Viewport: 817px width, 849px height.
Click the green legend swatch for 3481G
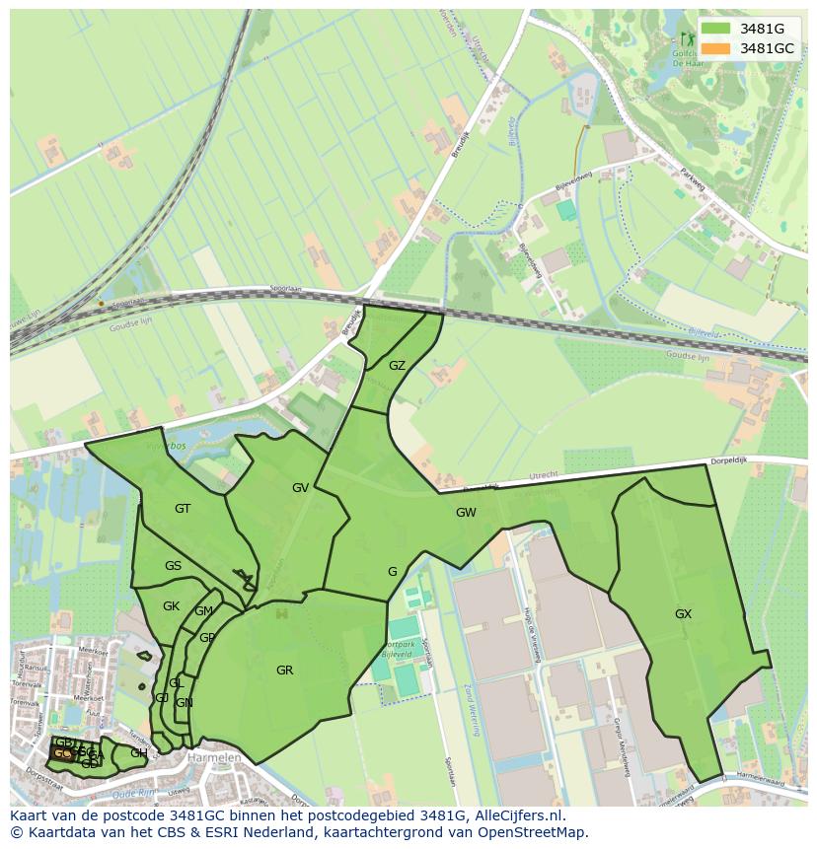pos(717,29)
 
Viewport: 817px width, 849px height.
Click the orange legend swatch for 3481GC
pos(717,47)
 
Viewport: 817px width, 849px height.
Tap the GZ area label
pos(397,366)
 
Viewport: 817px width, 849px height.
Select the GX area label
pos(683,613)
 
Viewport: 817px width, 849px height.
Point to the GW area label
pos(466,513)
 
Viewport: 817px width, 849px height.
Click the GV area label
pos(301,488)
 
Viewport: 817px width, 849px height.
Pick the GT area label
pos(183,509)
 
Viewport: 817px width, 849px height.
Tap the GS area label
pos(173,566)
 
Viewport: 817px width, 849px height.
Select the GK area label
pos(171,606)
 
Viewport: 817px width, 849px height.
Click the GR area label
pos(284,671)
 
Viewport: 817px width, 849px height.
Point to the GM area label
pos(203,611)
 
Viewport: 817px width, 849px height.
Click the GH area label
pos(138,753)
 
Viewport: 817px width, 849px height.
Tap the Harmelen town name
pos(214,757)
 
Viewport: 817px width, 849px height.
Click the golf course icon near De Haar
pos(688,39)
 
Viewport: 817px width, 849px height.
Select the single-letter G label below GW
pos(392,572)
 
